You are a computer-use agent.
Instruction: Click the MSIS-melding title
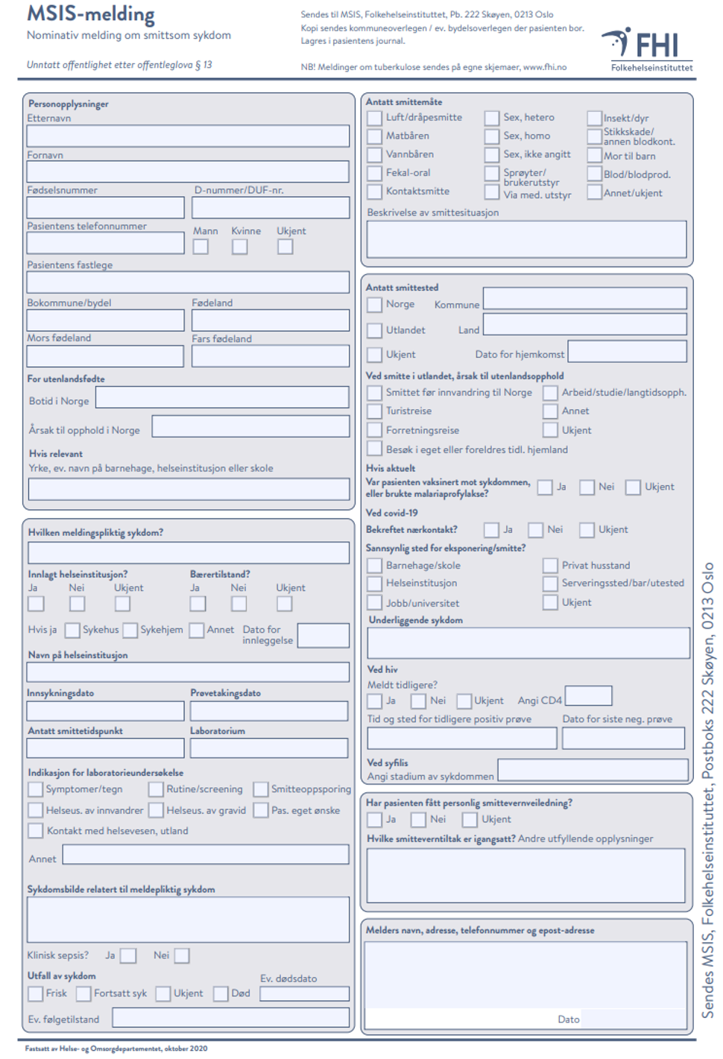point(91,14)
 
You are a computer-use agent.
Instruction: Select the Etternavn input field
point(188,136)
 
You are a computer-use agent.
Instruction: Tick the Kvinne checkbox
point(239,246)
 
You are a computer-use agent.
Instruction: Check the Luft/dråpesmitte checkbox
point(375,118)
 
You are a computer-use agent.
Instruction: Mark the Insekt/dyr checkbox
point(594,118)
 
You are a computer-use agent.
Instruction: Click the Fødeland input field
point(270,320)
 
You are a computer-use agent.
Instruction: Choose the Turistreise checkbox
point(375,411)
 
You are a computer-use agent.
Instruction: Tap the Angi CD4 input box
point(588,695)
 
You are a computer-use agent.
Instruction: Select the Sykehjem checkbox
point(130,630)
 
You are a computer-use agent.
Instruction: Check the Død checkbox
point(221,993)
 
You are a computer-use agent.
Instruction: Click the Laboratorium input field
point(269,748)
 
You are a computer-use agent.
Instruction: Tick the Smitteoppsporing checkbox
point(261,789)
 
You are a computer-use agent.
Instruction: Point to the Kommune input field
point(584,298)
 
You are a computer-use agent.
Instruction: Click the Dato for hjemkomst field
point(626,351)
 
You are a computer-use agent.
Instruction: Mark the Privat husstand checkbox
point(550,566)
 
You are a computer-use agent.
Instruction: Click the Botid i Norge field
point(222,397)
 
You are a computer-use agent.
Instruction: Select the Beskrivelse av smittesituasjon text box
point(526,239)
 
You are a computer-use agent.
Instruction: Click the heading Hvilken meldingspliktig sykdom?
point(95,532)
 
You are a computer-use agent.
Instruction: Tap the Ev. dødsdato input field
point(304,993)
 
